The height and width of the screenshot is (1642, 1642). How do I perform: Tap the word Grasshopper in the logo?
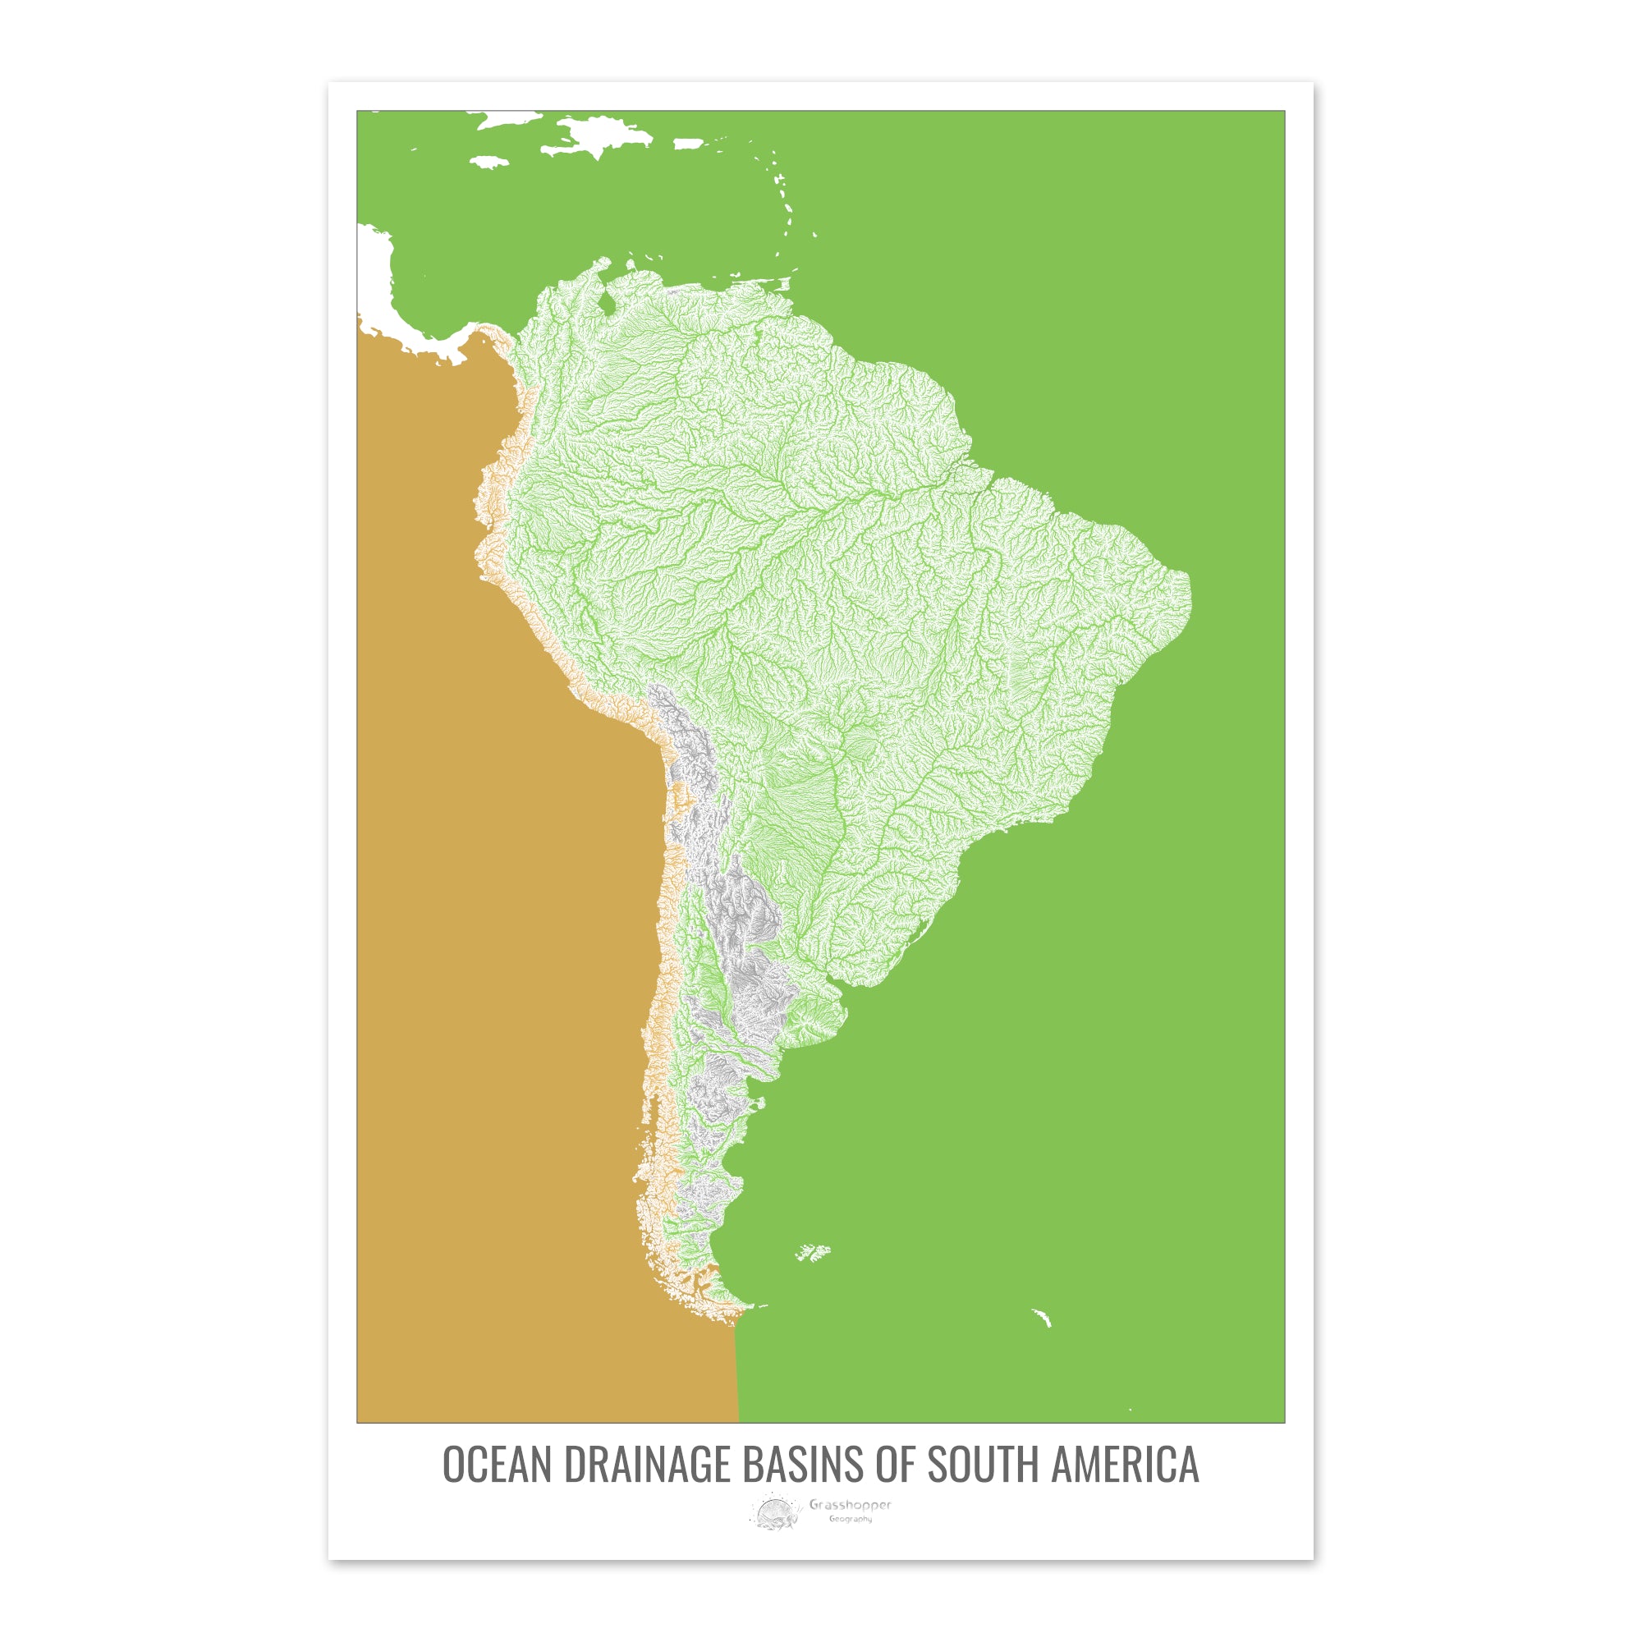coord(850,1505)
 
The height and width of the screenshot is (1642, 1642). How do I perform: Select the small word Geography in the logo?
coord(851,1519)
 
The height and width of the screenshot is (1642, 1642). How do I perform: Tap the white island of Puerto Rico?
coord(690,144)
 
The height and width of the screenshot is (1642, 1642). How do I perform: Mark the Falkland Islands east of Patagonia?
coord(814,1252)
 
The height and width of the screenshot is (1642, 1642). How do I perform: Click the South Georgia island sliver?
coord(1042,1319)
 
